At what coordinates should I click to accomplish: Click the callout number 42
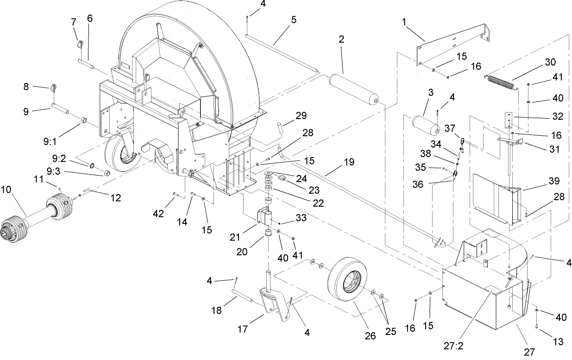159,214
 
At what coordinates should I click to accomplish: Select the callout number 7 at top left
73,22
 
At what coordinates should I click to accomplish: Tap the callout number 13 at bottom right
558,342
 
